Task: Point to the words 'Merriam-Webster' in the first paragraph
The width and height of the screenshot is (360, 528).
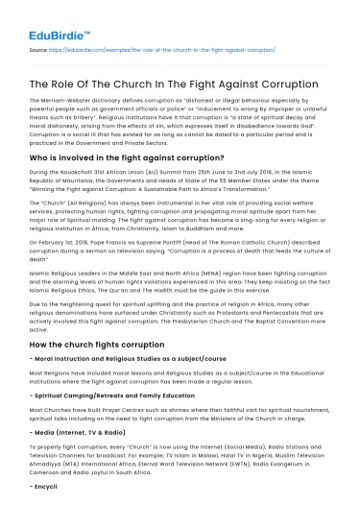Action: coord(70,101)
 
